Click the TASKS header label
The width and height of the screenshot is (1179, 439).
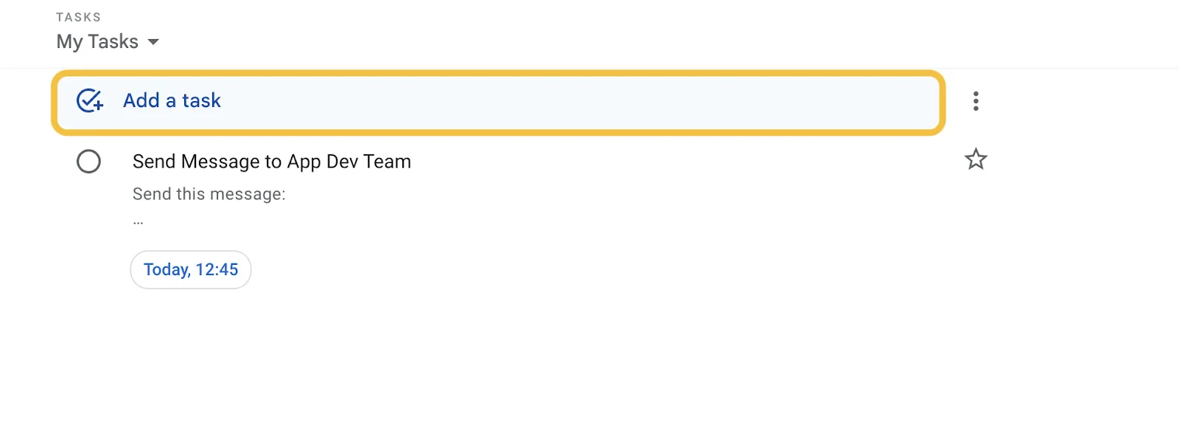point(78,18)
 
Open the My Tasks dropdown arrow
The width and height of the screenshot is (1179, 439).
point(153,41)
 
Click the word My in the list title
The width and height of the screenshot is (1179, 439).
point(69,42)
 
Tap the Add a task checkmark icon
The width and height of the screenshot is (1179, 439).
point(89,100)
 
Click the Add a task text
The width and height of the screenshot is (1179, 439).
point(172,100)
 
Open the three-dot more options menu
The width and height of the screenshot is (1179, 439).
point(976,101)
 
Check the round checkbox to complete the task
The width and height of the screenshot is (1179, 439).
point(88,162)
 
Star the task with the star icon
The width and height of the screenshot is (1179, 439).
point(976,159)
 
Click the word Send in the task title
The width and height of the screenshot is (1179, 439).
point(154,162)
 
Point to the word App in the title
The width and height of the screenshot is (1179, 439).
point(304,162)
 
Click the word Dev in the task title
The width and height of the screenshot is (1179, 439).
point(342,162)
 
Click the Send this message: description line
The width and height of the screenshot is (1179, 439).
point(209,194)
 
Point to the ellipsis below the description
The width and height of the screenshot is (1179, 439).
point(138,222)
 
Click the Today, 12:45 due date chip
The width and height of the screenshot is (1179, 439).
point(191,269)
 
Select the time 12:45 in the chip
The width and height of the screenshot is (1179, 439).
point(217,269)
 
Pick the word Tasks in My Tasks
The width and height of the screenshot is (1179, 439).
point(113,41)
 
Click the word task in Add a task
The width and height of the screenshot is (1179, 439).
point(202,100)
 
